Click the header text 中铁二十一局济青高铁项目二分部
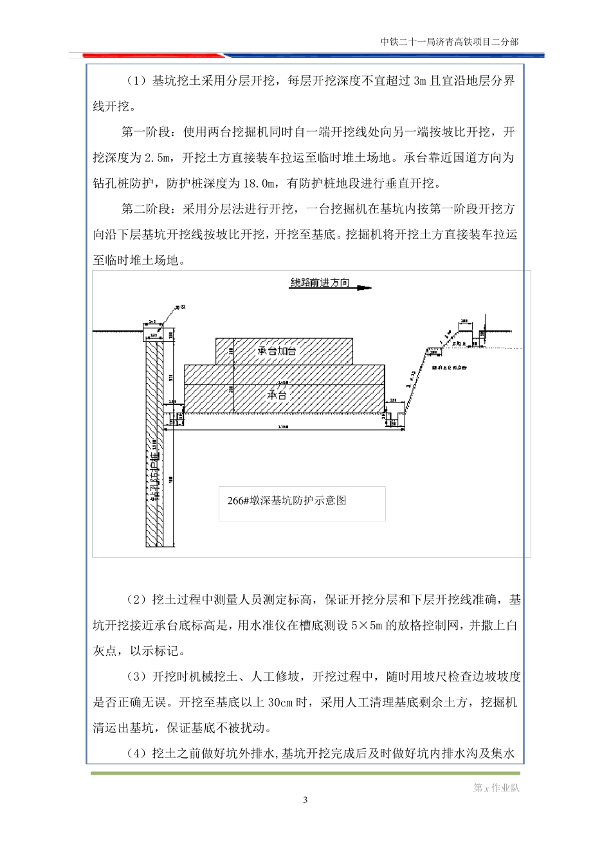tap(449, 42)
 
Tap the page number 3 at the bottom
tap(305, 800)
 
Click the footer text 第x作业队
tap(497, 788)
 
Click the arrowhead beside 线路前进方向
tap(365, 288)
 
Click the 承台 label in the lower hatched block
tap(277, 395)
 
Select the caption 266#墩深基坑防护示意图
tap(287, 500)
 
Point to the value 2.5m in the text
tap(159, 158)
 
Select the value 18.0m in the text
tap(259, 184)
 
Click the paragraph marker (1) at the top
tap(136, 81)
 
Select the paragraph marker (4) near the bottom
tap(136, 754)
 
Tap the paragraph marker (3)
tap(136, 677)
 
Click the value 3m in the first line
tap(420, 81)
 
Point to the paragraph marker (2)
tap(136, 600)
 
